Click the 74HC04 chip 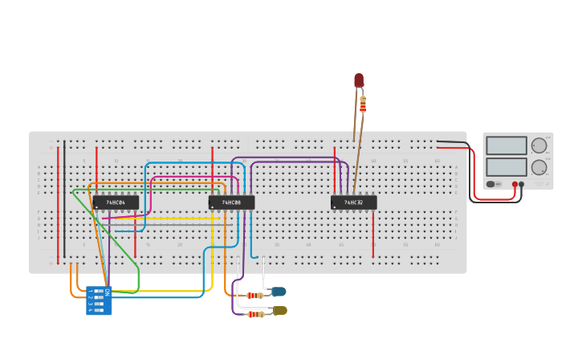[x=116, y=202]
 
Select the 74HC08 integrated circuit [x=231, y=202]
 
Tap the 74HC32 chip [x=353, y=202]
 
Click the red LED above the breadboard [x=359, y=80]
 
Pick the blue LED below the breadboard [x=279, y=292]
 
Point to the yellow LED [x=279, y=310]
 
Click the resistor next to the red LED [x=363, y=104]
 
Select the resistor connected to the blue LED [x=253, y=296]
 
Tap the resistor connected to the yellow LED [x=255, y=314]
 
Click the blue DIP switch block [x=99, y=301]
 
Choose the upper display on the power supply [x=507, y=145]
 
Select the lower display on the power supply [x=507, y=166]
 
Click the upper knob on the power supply [x=539, y=145]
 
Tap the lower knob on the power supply [x=539, y=167]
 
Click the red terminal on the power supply [x=515, y=184]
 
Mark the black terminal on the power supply [x=522, y=184]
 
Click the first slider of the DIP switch [x=98, y=291]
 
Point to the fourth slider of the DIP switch [x=98, y=310]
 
